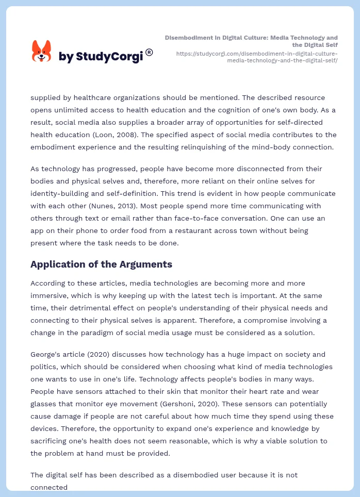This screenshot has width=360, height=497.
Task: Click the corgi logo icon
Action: tap(42, 52)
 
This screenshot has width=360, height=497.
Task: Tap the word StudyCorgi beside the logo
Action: tap(109, 57)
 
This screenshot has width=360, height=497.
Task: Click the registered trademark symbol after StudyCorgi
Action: tap(149, 52)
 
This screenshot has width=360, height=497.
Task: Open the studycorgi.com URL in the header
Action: tap(257, 57)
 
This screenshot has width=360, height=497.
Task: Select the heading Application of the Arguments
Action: tap(101, 264)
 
